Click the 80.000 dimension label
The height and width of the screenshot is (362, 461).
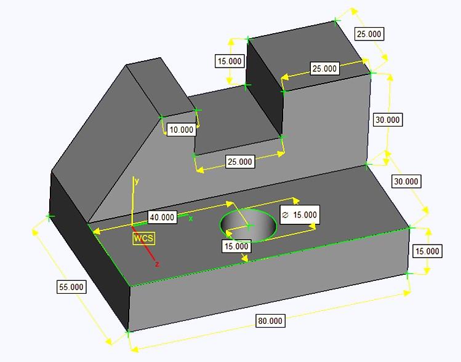270,321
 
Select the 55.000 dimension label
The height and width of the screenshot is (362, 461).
71,287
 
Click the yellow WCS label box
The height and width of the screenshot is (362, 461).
143,238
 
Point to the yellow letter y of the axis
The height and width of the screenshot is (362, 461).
137,181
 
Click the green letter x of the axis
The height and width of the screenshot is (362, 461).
191,218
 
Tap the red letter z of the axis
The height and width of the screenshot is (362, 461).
157,264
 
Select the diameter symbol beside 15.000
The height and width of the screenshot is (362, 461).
285,214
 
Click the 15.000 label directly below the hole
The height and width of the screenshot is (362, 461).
236,246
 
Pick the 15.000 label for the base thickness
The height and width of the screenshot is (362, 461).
427,251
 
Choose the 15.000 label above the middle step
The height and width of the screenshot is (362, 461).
230,61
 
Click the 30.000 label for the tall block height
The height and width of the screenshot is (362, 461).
388,120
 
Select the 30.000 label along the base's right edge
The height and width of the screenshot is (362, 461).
406,181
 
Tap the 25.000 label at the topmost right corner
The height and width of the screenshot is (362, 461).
369,34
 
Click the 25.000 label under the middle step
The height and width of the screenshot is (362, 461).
239,162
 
